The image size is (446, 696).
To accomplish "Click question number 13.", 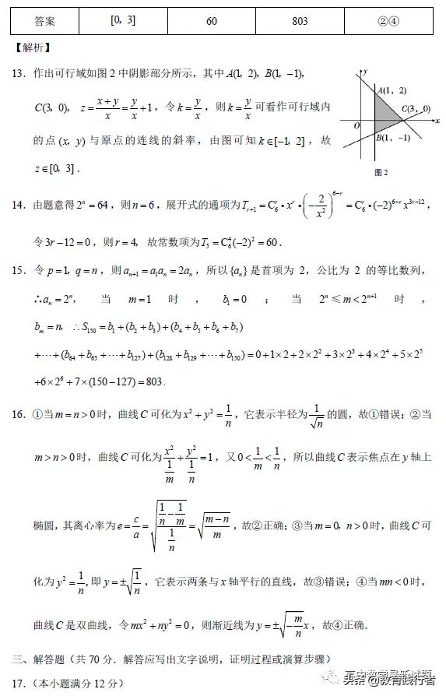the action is (19, 73).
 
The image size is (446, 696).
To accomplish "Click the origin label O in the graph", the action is (356, 125).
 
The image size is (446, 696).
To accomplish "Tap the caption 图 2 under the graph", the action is (381, 171).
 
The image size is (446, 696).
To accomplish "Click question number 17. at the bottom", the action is (19, 684).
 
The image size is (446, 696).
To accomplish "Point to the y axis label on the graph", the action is (364, 72).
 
